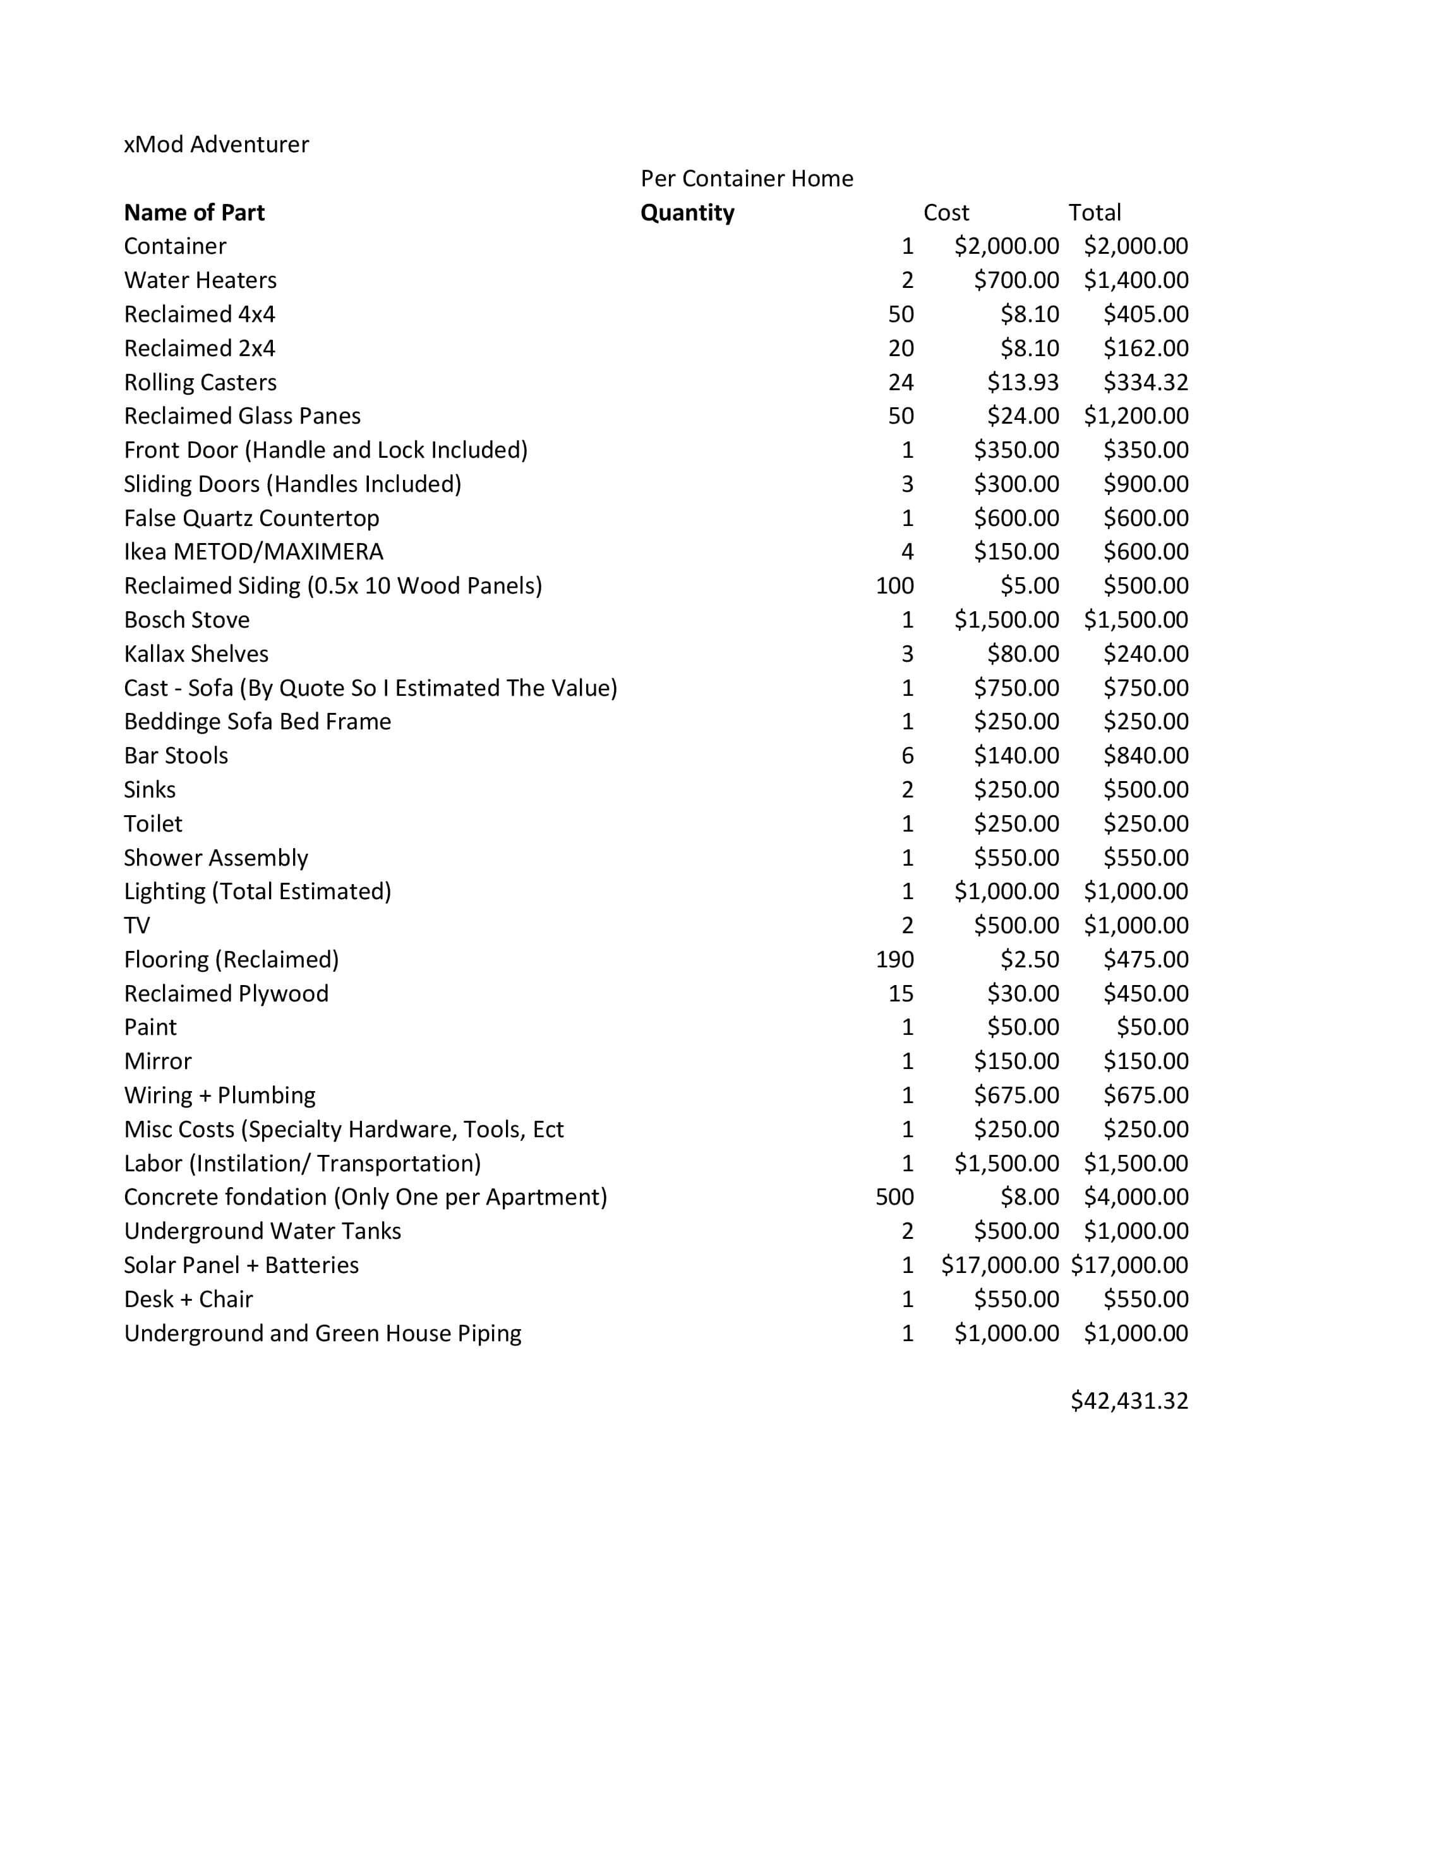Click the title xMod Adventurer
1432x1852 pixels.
tap(216, 144)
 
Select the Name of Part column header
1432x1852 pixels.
tap(195, 212)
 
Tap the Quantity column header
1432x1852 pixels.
tap(687, 212)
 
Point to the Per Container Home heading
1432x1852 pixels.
tap(747, 178)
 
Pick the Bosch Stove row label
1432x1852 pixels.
tap(186, 620)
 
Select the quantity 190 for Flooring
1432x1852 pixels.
tap(894, 959)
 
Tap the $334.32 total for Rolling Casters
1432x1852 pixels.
tap(1145, 383)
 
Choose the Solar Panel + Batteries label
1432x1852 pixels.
tap(241, 1265)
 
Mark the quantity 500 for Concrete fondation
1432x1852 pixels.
tap(894, 1197)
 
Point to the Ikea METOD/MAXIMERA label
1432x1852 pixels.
tap(254, 551)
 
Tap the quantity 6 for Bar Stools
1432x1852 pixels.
tap(907, 756)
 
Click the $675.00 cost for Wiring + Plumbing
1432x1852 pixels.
tap(1016, 1095)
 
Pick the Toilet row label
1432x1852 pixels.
tap(153, 823)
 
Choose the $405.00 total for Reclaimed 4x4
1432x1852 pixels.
tap(1145, 314)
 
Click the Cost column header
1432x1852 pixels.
tap(946, 212)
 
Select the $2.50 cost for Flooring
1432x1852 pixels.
tap(1029, 959)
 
